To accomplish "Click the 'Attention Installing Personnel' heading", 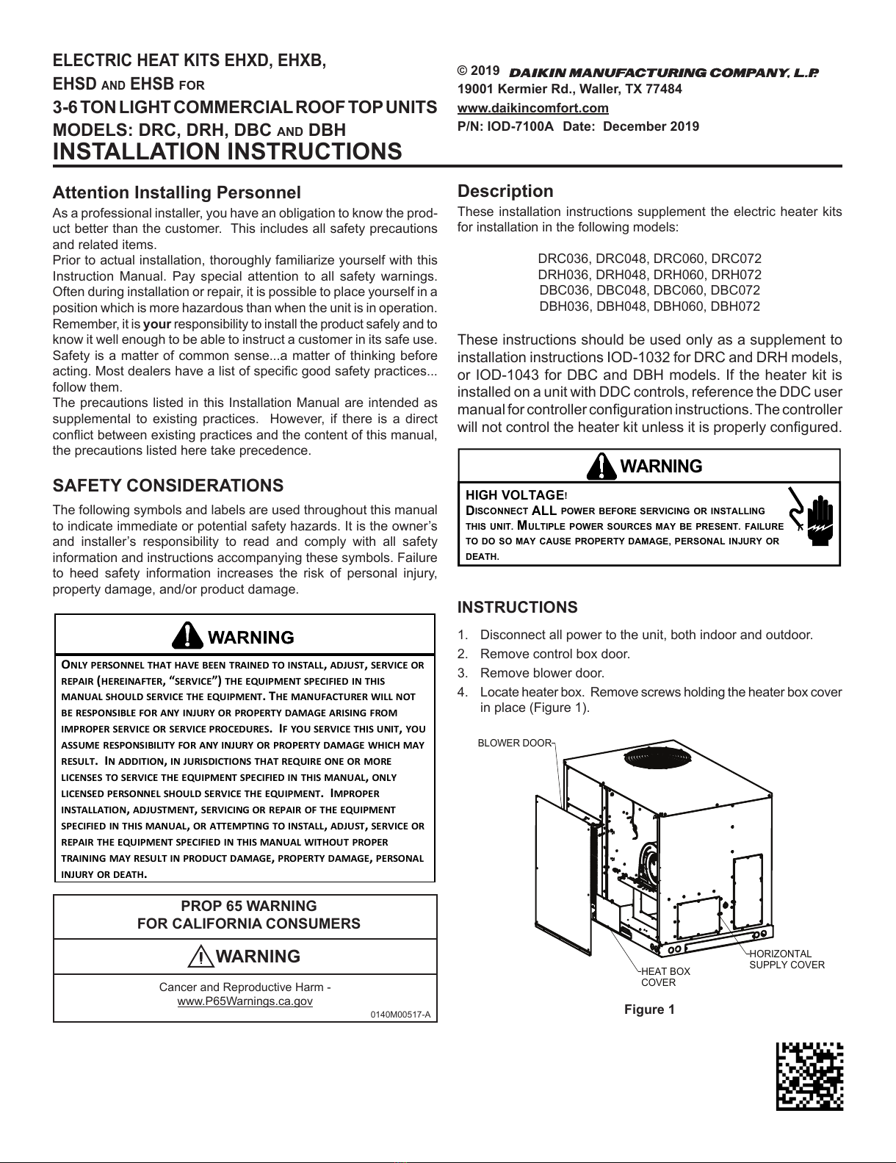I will click(x=176, y=192).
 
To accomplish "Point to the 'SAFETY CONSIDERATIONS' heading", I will click(x=167, y=486).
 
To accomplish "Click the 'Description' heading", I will click(x=505, y=192).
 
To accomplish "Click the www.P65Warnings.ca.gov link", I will click(x=245, y=1001).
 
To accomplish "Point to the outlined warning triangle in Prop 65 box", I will click(x=200, y=957).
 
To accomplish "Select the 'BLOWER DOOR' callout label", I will click(x=514, y=743).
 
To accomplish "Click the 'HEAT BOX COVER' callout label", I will click(x=665, y=976).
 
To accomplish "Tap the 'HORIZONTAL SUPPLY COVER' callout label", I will click(x=787, y=959).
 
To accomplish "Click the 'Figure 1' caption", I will click(x=649, y=1009).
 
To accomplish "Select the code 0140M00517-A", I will click(x=400, y=1015).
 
